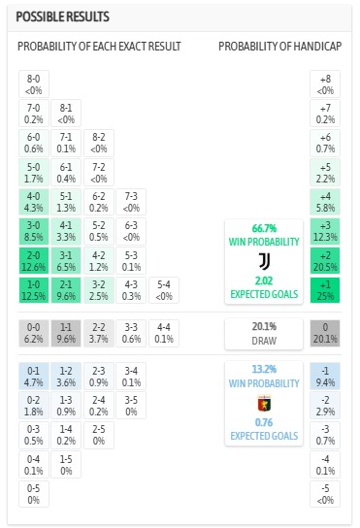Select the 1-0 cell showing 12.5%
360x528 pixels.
(x=33, y=289)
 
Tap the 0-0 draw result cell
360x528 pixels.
(x=33, y=334)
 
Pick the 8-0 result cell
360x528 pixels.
(x=33, y=84)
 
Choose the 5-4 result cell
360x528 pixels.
(x=165, y=289)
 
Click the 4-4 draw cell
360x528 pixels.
(x=165, y=334)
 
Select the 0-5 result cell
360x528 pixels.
(x=33, y=493)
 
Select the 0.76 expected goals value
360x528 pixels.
(x=265, y=423)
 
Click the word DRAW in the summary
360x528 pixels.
(x=265, y=340)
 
